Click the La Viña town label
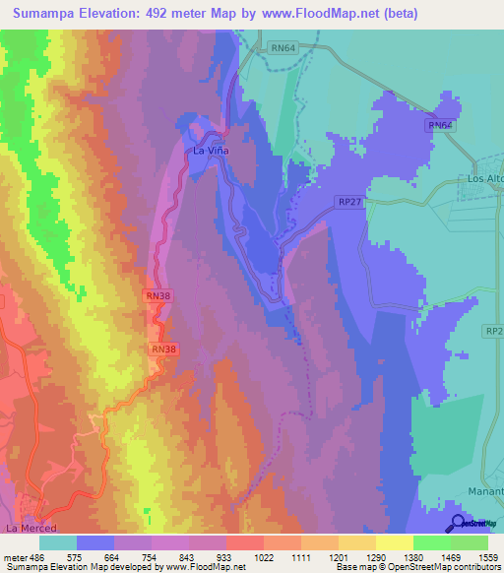(210, 152)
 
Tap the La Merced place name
(27, 529)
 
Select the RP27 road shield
(349, 201)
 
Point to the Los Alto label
(484, 180)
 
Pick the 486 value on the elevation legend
(35, 556)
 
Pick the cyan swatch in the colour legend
(58, 542)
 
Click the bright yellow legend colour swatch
(395, 542)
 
